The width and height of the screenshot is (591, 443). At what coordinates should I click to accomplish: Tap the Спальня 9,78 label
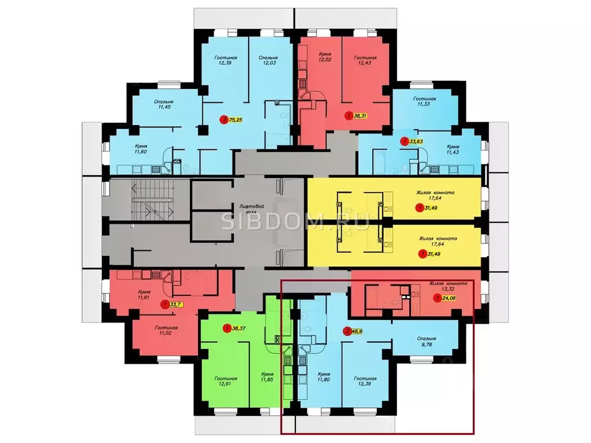coord(428,342)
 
